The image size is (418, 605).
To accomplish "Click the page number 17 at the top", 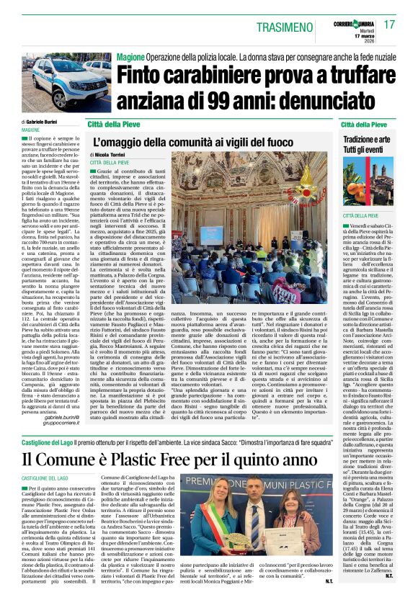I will [x=389, y=24].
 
